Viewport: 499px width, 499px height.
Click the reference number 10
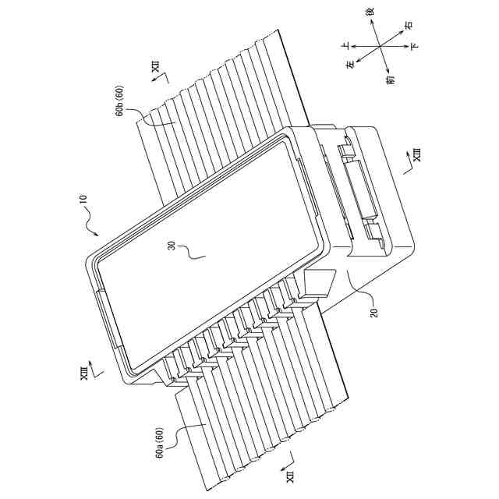click(x=83, y=203)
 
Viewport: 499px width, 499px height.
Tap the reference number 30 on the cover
click(x=171, y=247)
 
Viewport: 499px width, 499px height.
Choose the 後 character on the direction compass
click(x=370, y=13)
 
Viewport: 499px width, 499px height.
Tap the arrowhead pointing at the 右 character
click(x=401, y=31)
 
